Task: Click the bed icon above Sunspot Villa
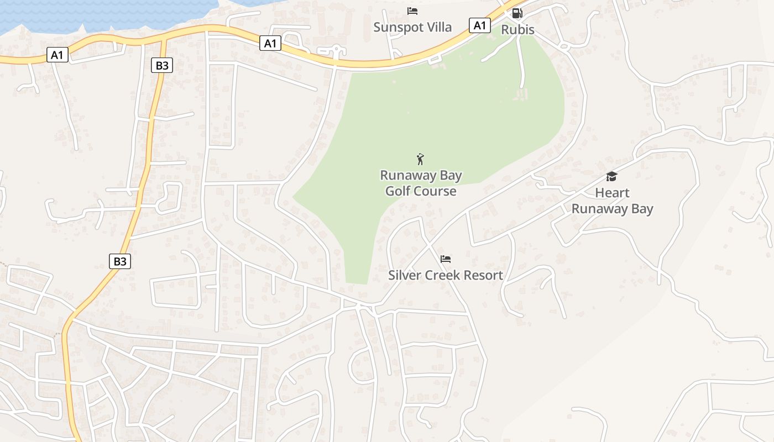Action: pos(412,11)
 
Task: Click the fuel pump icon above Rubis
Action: pos(517,13)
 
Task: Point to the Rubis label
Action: pos(517,29)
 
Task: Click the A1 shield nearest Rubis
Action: pos(480,25)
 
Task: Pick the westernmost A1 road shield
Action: pos(57,55)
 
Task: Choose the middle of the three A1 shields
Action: pos(270,43)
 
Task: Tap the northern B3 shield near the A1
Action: pos(162,66)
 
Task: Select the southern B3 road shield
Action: pos(120,261)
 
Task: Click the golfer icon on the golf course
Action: pos(420,160)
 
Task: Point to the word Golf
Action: pos(398,191)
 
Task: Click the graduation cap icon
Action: pos(611,177)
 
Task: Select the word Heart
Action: pos(612,193)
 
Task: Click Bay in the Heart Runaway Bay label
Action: pos(641,209)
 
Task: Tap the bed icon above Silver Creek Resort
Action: pos(446,259)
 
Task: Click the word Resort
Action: pos(483,275)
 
